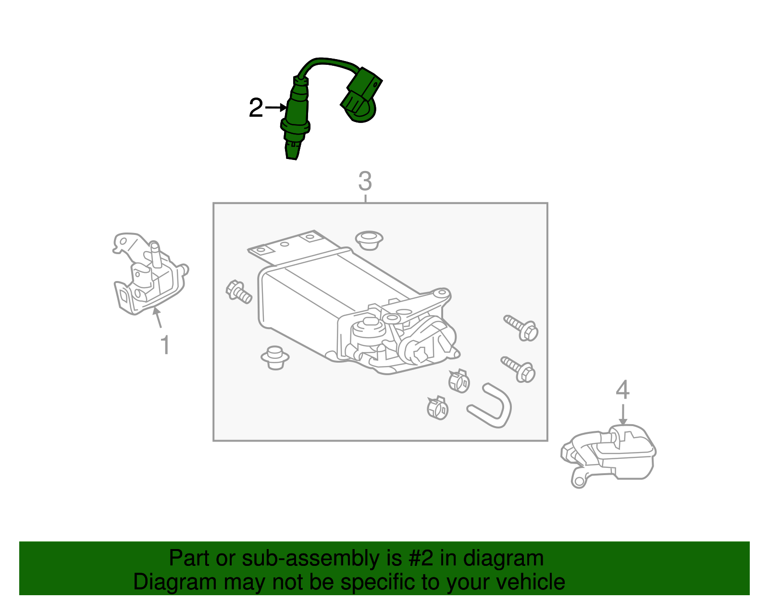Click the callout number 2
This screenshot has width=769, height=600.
point(256,108)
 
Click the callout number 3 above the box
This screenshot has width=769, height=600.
point(365,182)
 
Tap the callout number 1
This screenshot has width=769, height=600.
point(165,345)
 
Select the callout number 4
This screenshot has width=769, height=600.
point(622,390)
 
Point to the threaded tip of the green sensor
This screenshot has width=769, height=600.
point(292,151)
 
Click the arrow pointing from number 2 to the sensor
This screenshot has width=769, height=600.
point(276,108)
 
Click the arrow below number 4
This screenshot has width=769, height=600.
point(623,414)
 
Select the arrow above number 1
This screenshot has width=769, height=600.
point(157,318)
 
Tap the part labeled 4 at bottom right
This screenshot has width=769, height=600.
point(610,454)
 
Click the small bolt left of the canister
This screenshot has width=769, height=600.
point(238,291)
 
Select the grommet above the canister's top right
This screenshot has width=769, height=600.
point(369,239)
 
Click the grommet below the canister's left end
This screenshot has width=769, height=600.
point(275,357)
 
